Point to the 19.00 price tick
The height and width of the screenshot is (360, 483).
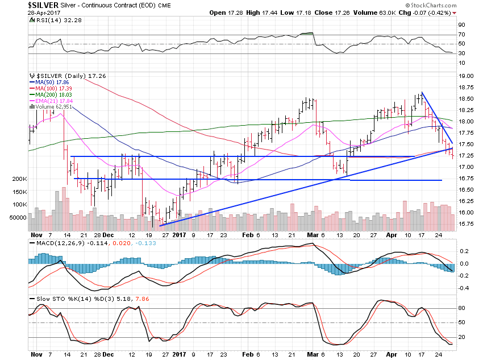tap(467, 76)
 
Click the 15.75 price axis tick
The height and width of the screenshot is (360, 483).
tap(467, 224)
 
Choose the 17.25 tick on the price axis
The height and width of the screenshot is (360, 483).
tap(467, 155)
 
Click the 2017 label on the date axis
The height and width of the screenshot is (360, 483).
tap(178, 234)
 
